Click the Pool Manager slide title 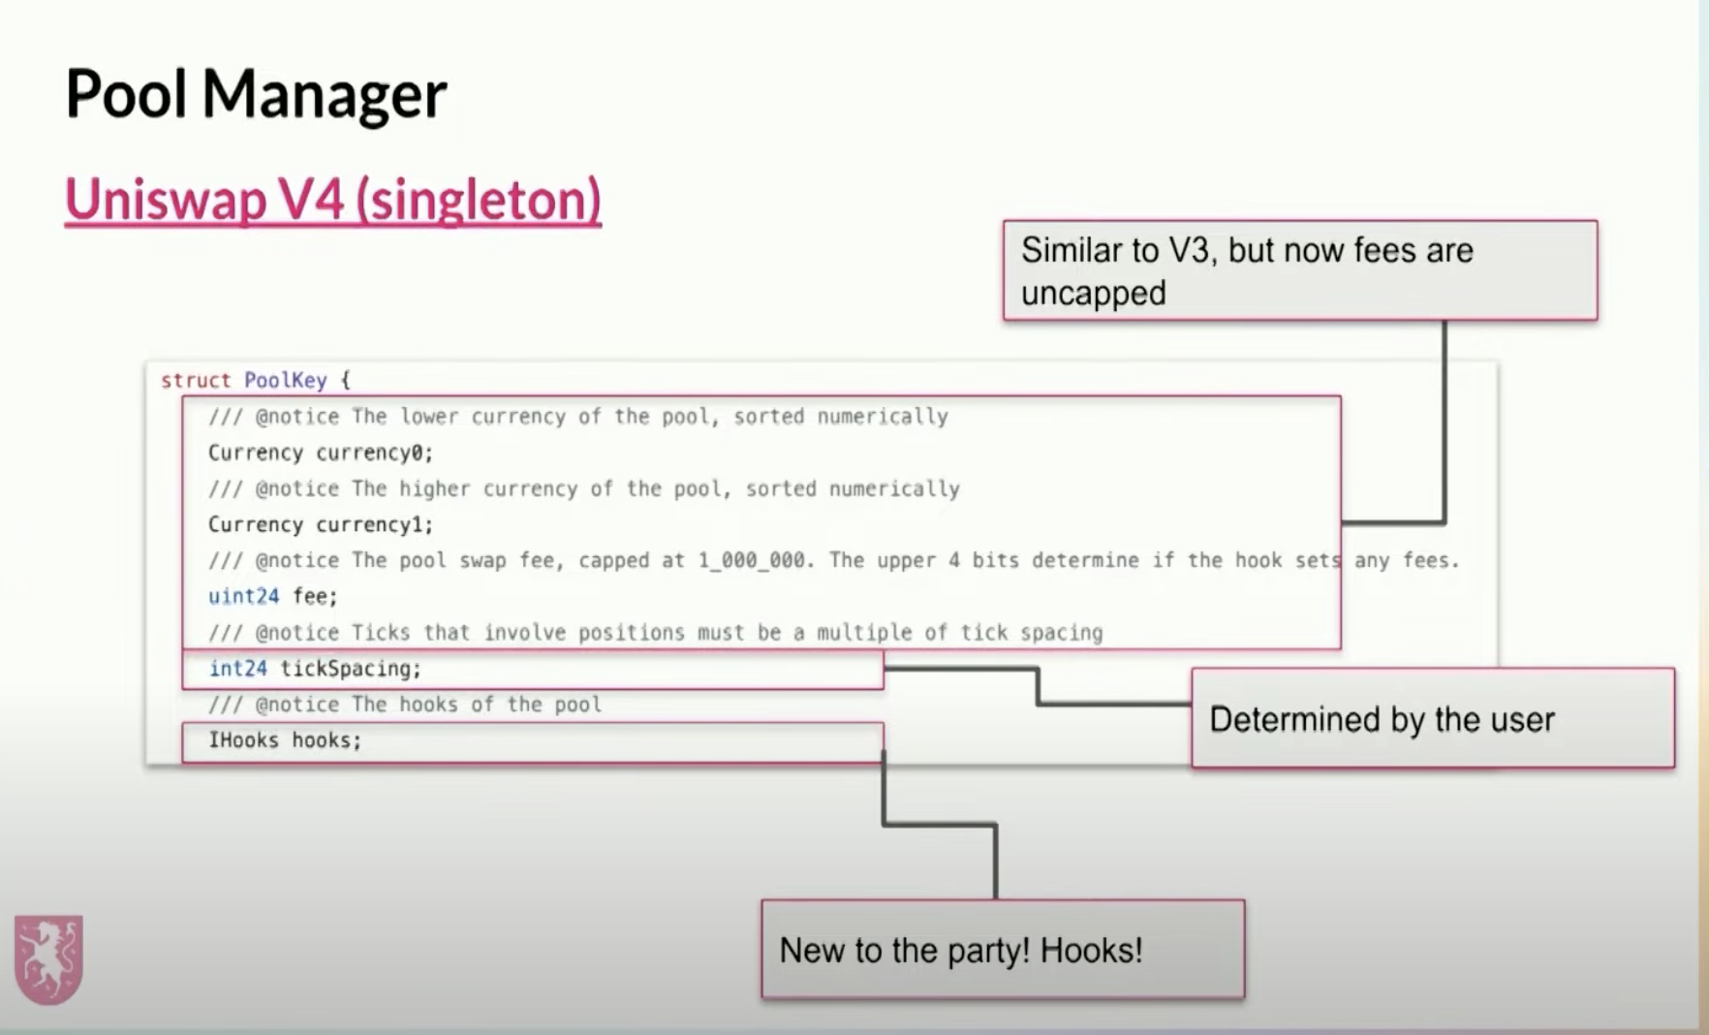[256, 95]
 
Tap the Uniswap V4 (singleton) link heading [332, 200]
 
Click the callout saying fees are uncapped [1299, 270]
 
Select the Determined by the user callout [1432, 719]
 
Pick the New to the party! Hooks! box [1002, 950]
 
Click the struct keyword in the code [196, 380]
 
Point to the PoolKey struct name [285, 380]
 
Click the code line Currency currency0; [321, 453]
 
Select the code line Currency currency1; [321, 524]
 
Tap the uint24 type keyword [243, 596]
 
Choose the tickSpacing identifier [350, 669]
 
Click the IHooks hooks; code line [285, 740]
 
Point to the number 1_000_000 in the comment [751, 560]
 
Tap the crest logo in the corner [48, 958]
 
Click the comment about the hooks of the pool [405, 705]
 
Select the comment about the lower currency [578, 417]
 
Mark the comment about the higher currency [584, 488]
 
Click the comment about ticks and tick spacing [656, 633]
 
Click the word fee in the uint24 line [314, 596]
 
